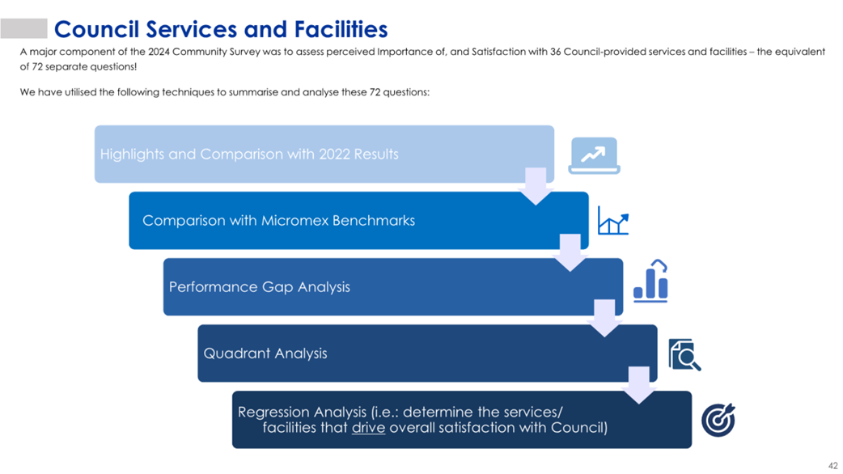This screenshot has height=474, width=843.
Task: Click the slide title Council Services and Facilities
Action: tap(220, 30)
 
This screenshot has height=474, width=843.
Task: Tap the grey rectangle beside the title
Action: tap(23, 28)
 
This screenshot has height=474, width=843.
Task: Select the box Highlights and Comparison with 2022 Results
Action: tap(324, 154)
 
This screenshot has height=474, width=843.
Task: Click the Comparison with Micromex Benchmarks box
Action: tap(358, 220)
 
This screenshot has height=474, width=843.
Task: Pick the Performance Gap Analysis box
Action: tap(393, 287)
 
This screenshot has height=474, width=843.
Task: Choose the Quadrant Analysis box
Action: tap(427, 353)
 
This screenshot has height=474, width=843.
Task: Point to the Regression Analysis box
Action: tap(462, 420)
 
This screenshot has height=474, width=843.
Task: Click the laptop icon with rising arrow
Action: tap(594, 156)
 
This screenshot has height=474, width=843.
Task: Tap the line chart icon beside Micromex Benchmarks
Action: tap(613, 220)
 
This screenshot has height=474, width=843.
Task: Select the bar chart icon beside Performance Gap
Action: tap(650, 281)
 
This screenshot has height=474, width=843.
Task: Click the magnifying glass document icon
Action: tap(684, 355)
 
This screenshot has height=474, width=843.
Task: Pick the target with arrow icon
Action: tap(718, 420)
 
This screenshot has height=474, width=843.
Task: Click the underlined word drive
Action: tap(368, 428)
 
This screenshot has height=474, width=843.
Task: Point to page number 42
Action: tap(832, 466)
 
